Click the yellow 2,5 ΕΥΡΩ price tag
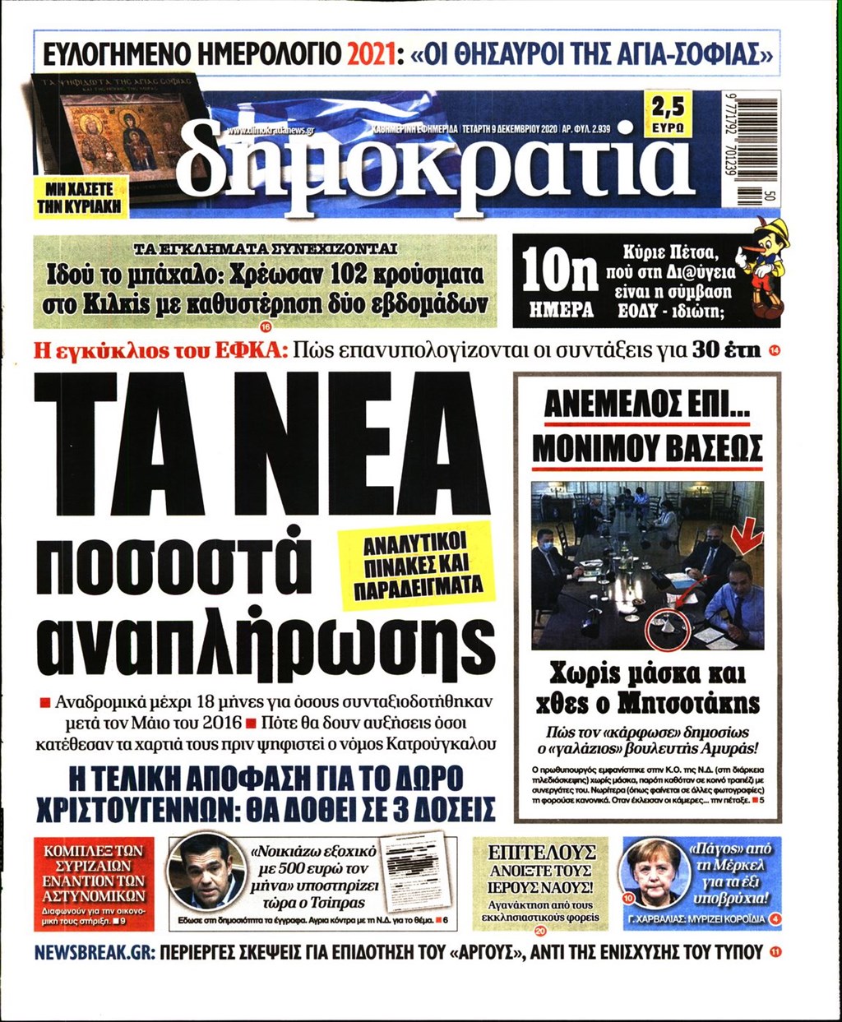667,114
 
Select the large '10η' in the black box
560,271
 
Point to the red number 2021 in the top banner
367,56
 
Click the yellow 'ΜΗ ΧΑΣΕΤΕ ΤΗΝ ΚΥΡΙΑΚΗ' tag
75,197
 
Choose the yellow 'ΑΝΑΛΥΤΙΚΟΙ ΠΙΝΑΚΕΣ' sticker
414,566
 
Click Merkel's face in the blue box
655,871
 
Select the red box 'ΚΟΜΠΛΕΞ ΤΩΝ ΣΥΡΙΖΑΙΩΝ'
94,873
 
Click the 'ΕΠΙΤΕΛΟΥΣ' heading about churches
541,852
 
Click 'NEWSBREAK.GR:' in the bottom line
93,953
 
